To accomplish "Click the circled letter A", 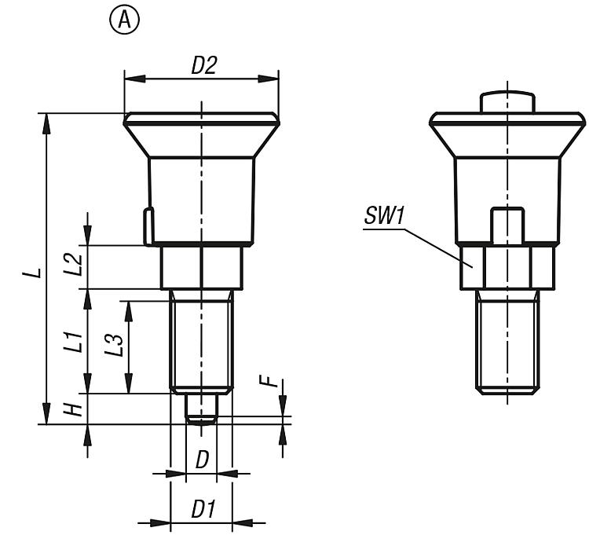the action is (124, 20).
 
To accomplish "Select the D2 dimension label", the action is (204, 65).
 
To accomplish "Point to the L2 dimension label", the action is (74, 265).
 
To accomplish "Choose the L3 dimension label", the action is (114, 345).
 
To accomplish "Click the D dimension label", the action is (202, 460).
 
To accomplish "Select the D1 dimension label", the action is (203, 509).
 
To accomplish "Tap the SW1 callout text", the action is (384, 216).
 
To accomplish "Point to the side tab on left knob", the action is (148, 226).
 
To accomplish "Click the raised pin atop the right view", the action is (507, 101).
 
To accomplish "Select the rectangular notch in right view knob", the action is (507, 225).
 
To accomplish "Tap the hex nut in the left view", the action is (202, 268).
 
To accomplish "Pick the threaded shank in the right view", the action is (507, 342).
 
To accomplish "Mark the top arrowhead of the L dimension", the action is (46, 123).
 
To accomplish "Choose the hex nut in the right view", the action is (507, 267).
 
